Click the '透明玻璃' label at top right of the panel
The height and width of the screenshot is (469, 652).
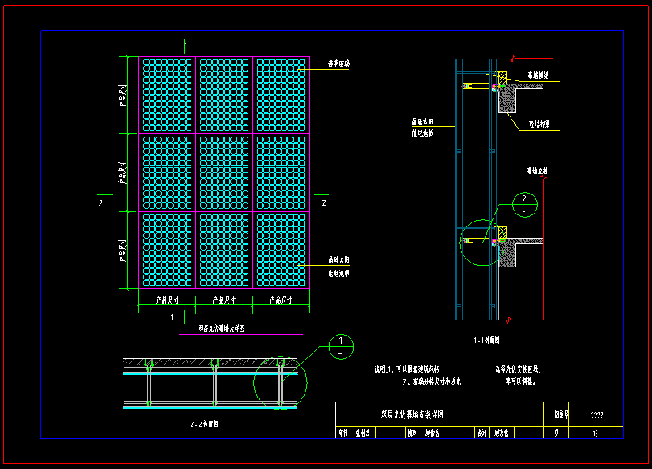(x=338, y=63)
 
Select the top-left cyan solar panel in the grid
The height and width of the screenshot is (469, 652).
(x=167, y=95)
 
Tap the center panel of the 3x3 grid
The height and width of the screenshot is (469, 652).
(x=224, y=172)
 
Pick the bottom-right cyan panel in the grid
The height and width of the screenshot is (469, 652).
(x=281, y=249)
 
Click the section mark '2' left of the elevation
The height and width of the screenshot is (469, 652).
(x=100, y=204)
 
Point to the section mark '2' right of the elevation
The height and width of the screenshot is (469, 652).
(x=323, y=204)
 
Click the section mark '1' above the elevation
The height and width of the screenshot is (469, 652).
(x=186, y=44)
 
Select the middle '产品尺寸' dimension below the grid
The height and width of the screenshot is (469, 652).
(x=224, y=300)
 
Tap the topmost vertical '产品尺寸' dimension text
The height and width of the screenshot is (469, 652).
(x=123, y=94)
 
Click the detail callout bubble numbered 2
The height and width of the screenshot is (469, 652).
(x=524, y=203)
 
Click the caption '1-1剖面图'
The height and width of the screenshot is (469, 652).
(x=488, y=341)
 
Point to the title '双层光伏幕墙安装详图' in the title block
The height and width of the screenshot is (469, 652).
(x=412, y=414)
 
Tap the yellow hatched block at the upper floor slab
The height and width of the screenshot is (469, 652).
(x=502, y=79)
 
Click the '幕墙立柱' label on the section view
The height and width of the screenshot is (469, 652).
(x=538, y=171)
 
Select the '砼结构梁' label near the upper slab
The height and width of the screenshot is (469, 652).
(x=539, y=124)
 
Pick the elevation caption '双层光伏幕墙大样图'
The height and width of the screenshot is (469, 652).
(x=221, y=328)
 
